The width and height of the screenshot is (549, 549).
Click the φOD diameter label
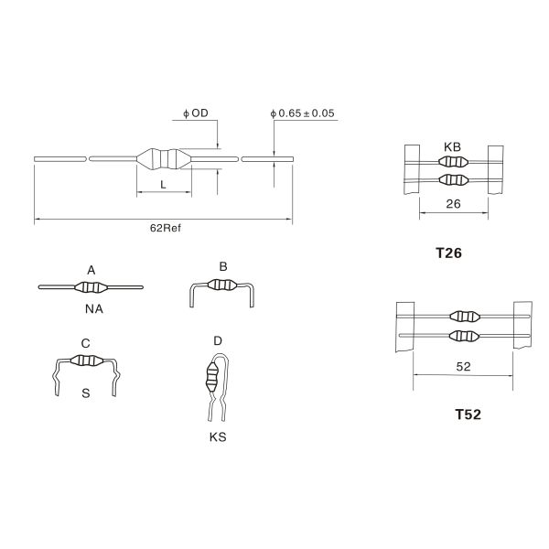(195, 113)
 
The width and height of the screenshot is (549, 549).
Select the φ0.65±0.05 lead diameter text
(304, 113)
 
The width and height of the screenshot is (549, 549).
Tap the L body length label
(163, 185)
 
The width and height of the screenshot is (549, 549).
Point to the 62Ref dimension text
(166, 229)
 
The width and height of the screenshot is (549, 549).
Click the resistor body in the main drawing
(163, 158)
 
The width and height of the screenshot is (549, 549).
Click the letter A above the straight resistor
(91, 270)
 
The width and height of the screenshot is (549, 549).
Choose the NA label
(93, 308)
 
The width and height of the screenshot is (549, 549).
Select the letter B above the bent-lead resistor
(223, 266)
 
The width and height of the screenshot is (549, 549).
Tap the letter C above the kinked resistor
(85, 343)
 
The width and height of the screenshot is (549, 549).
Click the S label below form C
(85, 393)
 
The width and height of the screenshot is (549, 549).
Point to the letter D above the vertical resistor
(217, 341)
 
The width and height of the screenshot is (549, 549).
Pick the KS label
(217, 437)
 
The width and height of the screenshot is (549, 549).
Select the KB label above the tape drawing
(453, 146)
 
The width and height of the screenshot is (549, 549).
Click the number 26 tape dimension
(453, 206)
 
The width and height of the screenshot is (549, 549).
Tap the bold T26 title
(453, 256)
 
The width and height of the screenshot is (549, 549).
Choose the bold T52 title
(468, 414)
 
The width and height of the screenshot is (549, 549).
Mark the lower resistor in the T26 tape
(453, 178)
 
